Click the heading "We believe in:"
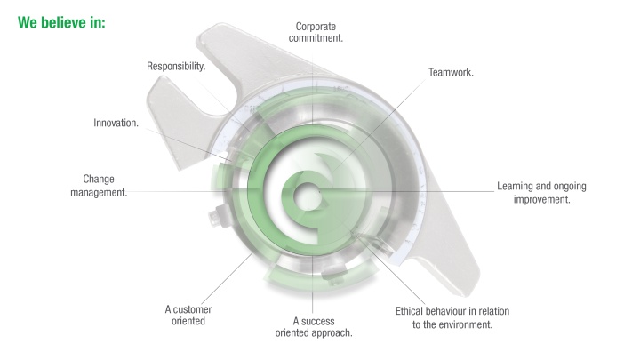(x=61, y=22)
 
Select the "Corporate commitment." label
(x=316, y=32)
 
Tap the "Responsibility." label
(x=176, y=66)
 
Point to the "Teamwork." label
(x=451, y=73)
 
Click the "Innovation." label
(x=116, y=123)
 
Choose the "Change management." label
(x=99, y=186)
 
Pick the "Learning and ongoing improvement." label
(x=541, y=193)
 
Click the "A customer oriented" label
(x=188, y=315)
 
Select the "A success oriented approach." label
(x=314, y=327)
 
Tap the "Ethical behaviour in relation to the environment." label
(x=452, y=317)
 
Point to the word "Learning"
(x=515, y=187)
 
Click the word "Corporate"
(x=316, y=27)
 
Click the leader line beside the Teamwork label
(x=379, y=124)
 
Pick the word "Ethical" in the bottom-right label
(x=409, y=311)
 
